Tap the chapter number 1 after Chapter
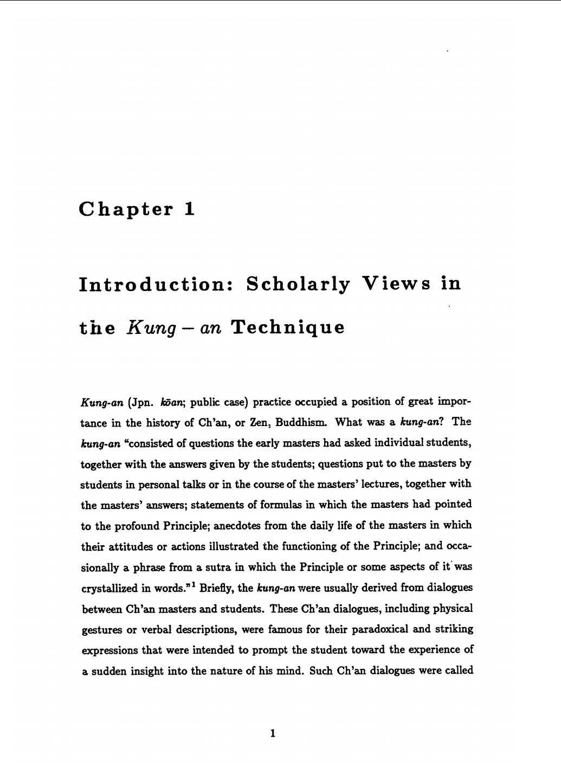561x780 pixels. (x=189, y=209)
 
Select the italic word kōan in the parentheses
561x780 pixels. (x=177, y=402)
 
